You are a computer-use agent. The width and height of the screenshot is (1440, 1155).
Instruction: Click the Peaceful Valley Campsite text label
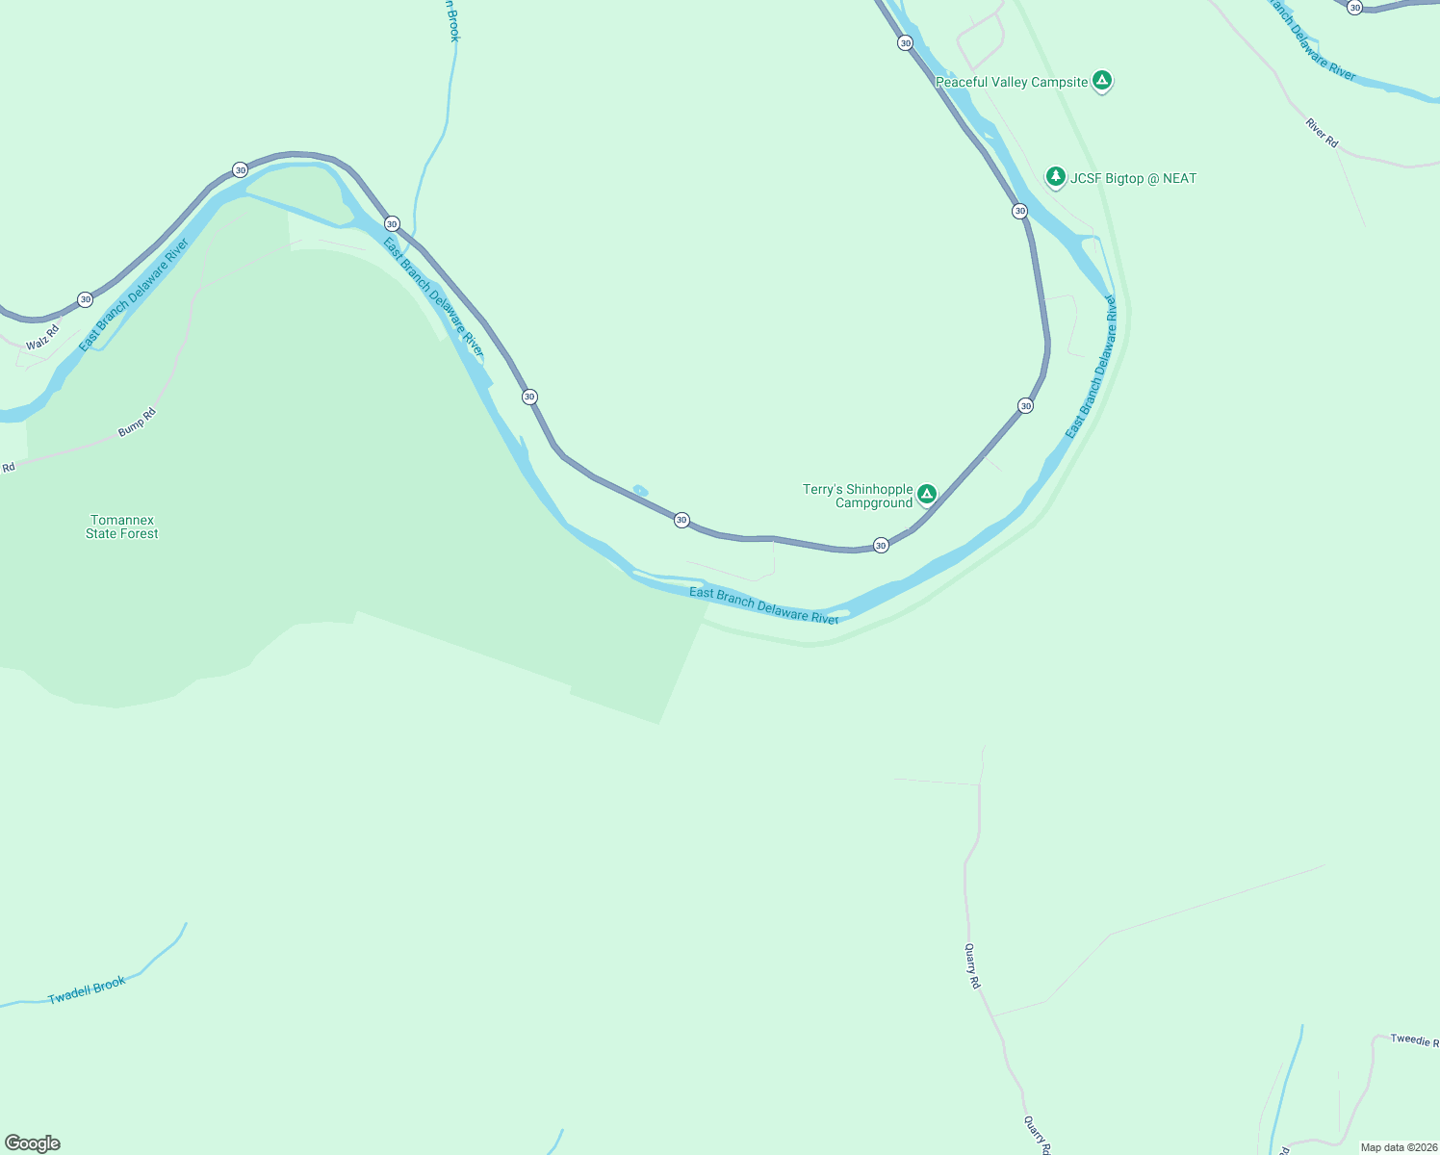tap(1011, 83)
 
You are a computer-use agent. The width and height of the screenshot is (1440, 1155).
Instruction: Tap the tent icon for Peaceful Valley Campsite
tap(1103, 81)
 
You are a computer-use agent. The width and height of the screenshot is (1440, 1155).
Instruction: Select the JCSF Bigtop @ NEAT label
tap(1134, 179)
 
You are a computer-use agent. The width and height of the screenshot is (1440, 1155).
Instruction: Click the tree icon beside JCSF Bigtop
tap(1056, 176)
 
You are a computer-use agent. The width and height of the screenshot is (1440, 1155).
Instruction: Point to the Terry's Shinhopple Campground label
tap(858, 496)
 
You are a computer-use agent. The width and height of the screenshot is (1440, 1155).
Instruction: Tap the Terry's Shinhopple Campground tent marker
tap(926, 494)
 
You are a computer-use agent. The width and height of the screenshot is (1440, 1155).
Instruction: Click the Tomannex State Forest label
tap(122, 526)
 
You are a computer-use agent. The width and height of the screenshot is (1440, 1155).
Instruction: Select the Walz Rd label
tap(42, 337)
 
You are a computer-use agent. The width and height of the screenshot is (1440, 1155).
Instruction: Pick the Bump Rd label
tap(137, 423)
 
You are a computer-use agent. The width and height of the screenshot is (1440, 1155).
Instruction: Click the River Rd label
tap(1322, 133)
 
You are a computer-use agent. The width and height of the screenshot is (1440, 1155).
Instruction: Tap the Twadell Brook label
tap(87, 990)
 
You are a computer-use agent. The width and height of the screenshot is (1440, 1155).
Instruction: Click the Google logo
tap(33, 1143)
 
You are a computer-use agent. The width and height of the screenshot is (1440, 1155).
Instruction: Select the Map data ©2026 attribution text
tap(1399, 1147)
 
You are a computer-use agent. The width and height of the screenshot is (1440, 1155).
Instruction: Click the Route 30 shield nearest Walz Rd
tap(86, 299)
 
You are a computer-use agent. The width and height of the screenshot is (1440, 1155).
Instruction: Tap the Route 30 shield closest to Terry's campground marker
tap(881, 546)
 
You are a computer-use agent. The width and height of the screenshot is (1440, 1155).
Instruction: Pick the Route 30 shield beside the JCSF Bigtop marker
tap(1019, 211)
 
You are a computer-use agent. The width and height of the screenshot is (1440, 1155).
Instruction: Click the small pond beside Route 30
tap(640, 491)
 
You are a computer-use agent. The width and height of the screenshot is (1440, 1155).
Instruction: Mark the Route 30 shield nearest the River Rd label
tap(1354, 8)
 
